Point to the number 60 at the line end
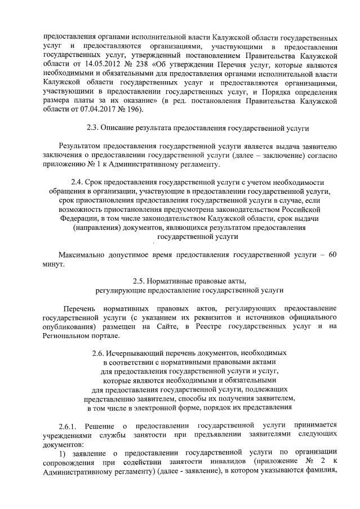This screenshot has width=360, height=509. [332, 255]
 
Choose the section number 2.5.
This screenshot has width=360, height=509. [140, 280]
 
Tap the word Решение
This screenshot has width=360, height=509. [104, 426]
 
